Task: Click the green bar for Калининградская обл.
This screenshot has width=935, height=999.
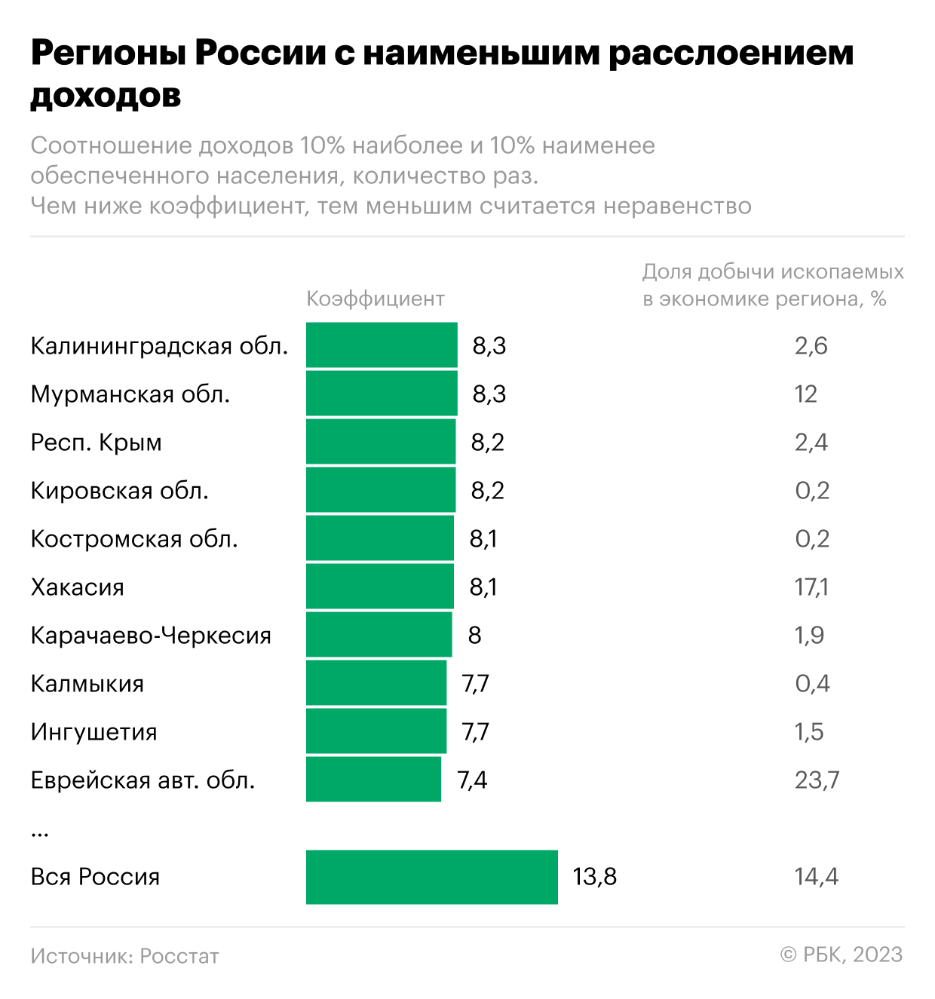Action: tap(382, 345)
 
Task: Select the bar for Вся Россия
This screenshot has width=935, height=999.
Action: tap(432, 876)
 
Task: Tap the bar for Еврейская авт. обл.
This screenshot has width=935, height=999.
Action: tap(373, 779)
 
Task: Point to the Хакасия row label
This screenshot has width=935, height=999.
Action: tap(78, 587)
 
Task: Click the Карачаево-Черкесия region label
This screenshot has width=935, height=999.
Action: tap(151, 636)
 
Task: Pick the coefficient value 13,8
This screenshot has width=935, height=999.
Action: tap(594, 877)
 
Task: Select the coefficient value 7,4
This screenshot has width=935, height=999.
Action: tap(472, 780)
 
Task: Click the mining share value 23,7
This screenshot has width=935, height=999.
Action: tap(817, 780)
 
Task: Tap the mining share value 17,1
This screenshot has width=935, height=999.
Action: tap(811, 587)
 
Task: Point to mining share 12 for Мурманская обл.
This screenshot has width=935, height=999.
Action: tap(805, 394)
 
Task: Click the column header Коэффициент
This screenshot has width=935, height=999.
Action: tap(376, 299)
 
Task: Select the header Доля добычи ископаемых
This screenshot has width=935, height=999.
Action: tap(773, 271)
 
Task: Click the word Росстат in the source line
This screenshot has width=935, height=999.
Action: tap(179, 956)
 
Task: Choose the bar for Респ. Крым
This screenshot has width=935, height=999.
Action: tap(381, 441)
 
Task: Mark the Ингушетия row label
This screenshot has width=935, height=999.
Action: tap(94, 732)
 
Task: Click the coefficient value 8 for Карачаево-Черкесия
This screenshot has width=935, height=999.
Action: tap(474, 636)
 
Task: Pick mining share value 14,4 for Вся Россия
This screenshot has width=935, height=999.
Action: tap(816, 877)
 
